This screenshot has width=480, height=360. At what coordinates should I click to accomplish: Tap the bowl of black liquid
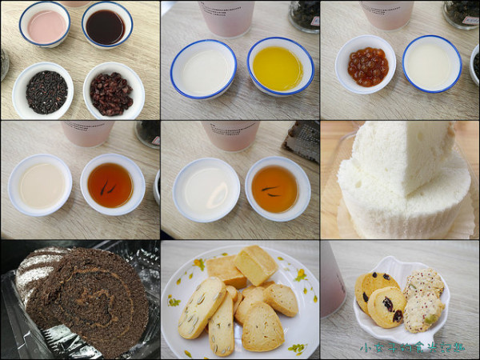[x=106, y=26]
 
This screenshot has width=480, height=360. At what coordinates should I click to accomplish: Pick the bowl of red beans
[x=111, y=92]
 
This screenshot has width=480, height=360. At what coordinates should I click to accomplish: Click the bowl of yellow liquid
[x=278, y=67]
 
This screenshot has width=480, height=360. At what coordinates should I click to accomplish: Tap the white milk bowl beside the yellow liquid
[x=203, y=70]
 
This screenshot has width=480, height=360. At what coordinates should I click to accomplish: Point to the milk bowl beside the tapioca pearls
[x=431, y=65]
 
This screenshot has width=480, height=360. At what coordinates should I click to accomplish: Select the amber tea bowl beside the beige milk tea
[x=112, y=185]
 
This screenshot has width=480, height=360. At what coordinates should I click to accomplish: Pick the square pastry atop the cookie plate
[x=255, y=264]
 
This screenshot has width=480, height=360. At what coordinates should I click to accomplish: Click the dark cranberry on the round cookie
[x=386, y=303]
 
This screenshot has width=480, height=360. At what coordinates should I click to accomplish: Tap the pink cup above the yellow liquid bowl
[x=226, y=17]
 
